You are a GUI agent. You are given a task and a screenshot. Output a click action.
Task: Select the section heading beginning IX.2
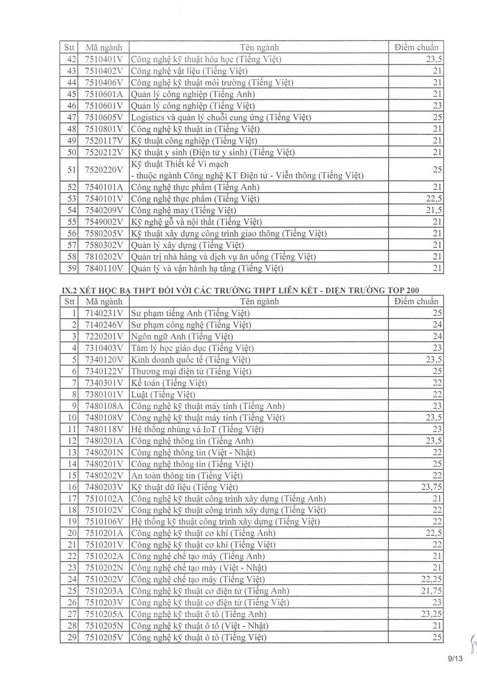point(241,290)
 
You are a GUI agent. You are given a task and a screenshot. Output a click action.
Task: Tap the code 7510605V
point(104,117)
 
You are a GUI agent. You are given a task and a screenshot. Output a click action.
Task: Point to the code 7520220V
point(104,170)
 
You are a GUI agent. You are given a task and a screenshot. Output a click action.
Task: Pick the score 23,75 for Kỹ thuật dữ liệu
point(431,487)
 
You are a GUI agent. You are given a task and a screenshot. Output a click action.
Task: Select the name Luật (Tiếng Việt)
point(163,395)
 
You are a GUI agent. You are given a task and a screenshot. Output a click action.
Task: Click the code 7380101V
point(104,395)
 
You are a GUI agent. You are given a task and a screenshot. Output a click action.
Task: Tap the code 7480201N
point(104,452)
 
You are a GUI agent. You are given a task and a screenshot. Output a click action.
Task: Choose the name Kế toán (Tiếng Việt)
point(169,383)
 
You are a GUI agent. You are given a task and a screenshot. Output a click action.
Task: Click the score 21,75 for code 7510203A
point(431,591)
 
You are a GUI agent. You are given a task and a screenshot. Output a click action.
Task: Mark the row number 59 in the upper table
point(72,269)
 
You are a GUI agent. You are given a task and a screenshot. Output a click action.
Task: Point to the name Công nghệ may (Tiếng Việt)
point(184,210)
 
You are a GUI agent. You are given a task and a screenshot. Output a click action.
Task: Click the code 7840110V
point(104,269)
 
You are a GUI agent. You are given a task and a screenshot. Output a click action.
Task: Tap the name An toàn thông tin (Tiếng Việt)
point(187,476)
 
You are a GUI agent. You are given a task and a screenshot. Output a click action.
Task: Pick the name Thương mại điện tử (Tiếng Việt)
point(191,371)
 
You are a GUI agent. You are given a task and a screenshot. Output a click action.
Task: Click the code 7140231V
point(104,313)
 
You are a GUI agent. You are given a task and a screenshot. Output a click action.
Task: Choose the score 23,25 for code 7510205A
point(431,614)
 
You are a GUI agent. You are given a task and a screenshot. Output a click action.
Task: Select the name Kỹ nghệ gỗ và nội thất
point(197,222)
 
